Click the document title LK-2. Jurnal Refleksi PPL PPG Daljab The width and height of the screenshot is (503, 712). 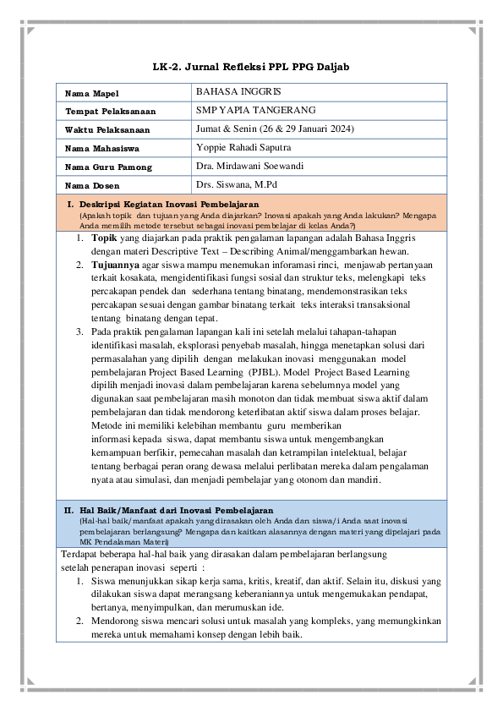(x=251, y=66)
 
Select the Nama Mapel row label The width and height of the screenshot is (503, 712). (x=92, y=93)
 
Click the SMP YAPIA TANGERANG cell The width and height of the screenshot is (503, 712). (x=255, y=110)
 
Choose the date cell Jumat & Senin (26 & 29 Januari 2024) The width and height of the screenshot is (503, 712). (x=274, y=129)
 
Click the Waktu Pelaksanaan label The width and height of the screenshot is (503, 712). (x=107, y=130)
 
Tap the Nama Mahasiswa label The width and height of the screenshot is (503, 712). (x=102, y=149)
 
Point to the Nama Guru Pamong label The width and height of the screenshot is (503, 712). (x=108, y=167)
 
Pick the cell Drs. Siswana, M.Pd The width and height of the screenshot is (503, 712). (x=236, y=184)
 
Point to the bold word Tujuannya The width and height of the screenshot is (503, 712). (x=116, y=265)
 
